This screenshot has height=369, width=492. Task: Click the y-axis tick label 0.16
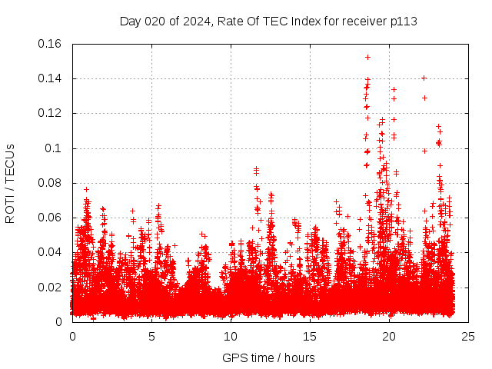point(51,44)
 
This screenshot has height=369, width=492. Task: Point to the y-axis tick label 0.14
point(51,78)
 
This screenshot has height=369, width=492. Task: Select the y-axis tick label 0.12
point(51,113)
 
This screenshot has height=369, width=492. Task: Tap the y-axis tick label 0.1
point(55,148)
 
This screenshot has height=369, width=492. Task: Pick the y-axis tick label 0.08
point(51,183)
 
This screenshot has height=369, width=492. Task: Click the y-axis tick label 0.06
point(51,218)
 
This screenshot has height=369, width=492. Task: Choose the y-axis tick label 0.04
point(51,252)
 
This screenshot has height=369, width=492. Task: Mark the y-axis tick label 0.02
point(51,288)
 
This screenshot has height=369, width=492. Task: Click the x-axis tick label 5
point(151,337)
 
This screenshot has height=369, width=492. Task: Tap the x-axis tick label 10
point(231,337)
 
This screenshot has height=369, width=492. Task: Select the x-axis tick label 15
point(310,337)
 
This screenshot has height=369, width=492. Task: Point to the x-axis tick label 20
point(389,337)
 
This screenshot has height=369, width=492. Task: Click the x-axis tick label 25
point(468,337)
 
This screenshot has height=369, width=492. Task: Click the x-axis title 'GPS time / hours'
point(268,357)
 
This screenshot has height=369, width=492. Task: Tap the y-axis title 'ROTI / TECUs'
point(10,183)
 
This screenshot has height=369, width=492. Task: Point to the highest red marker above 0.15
point(367,57)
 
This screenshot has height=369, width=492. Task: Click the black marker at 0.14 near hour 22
point(424,78)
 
